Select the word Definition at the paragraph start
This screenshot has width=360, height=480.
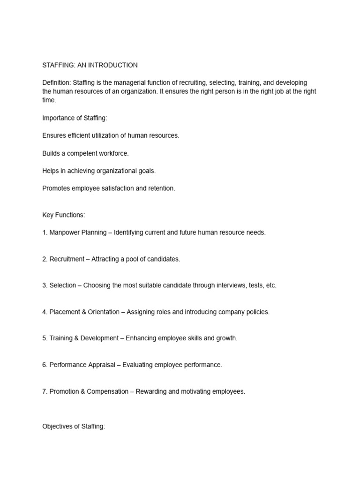pyautogui.click(x=56, y=82)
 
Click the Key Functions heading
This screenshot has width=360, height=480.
pyautogui.click(x=64, y=215)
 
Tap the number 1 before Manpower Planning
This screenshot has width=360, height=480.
pyautogui.click(x=44, y=232)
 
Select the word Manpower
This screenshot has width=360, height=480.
pyautogui.click(x=65, y=232)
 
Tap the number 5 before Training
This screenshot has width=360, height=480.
pyautogui.click(x=44, y=338)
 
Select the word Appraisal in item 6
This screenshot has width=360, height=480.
pyautogui.click(x=102, y=365)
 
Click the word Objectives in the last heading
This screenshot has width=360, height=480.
pyautogui.click(x=59, y=427)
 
